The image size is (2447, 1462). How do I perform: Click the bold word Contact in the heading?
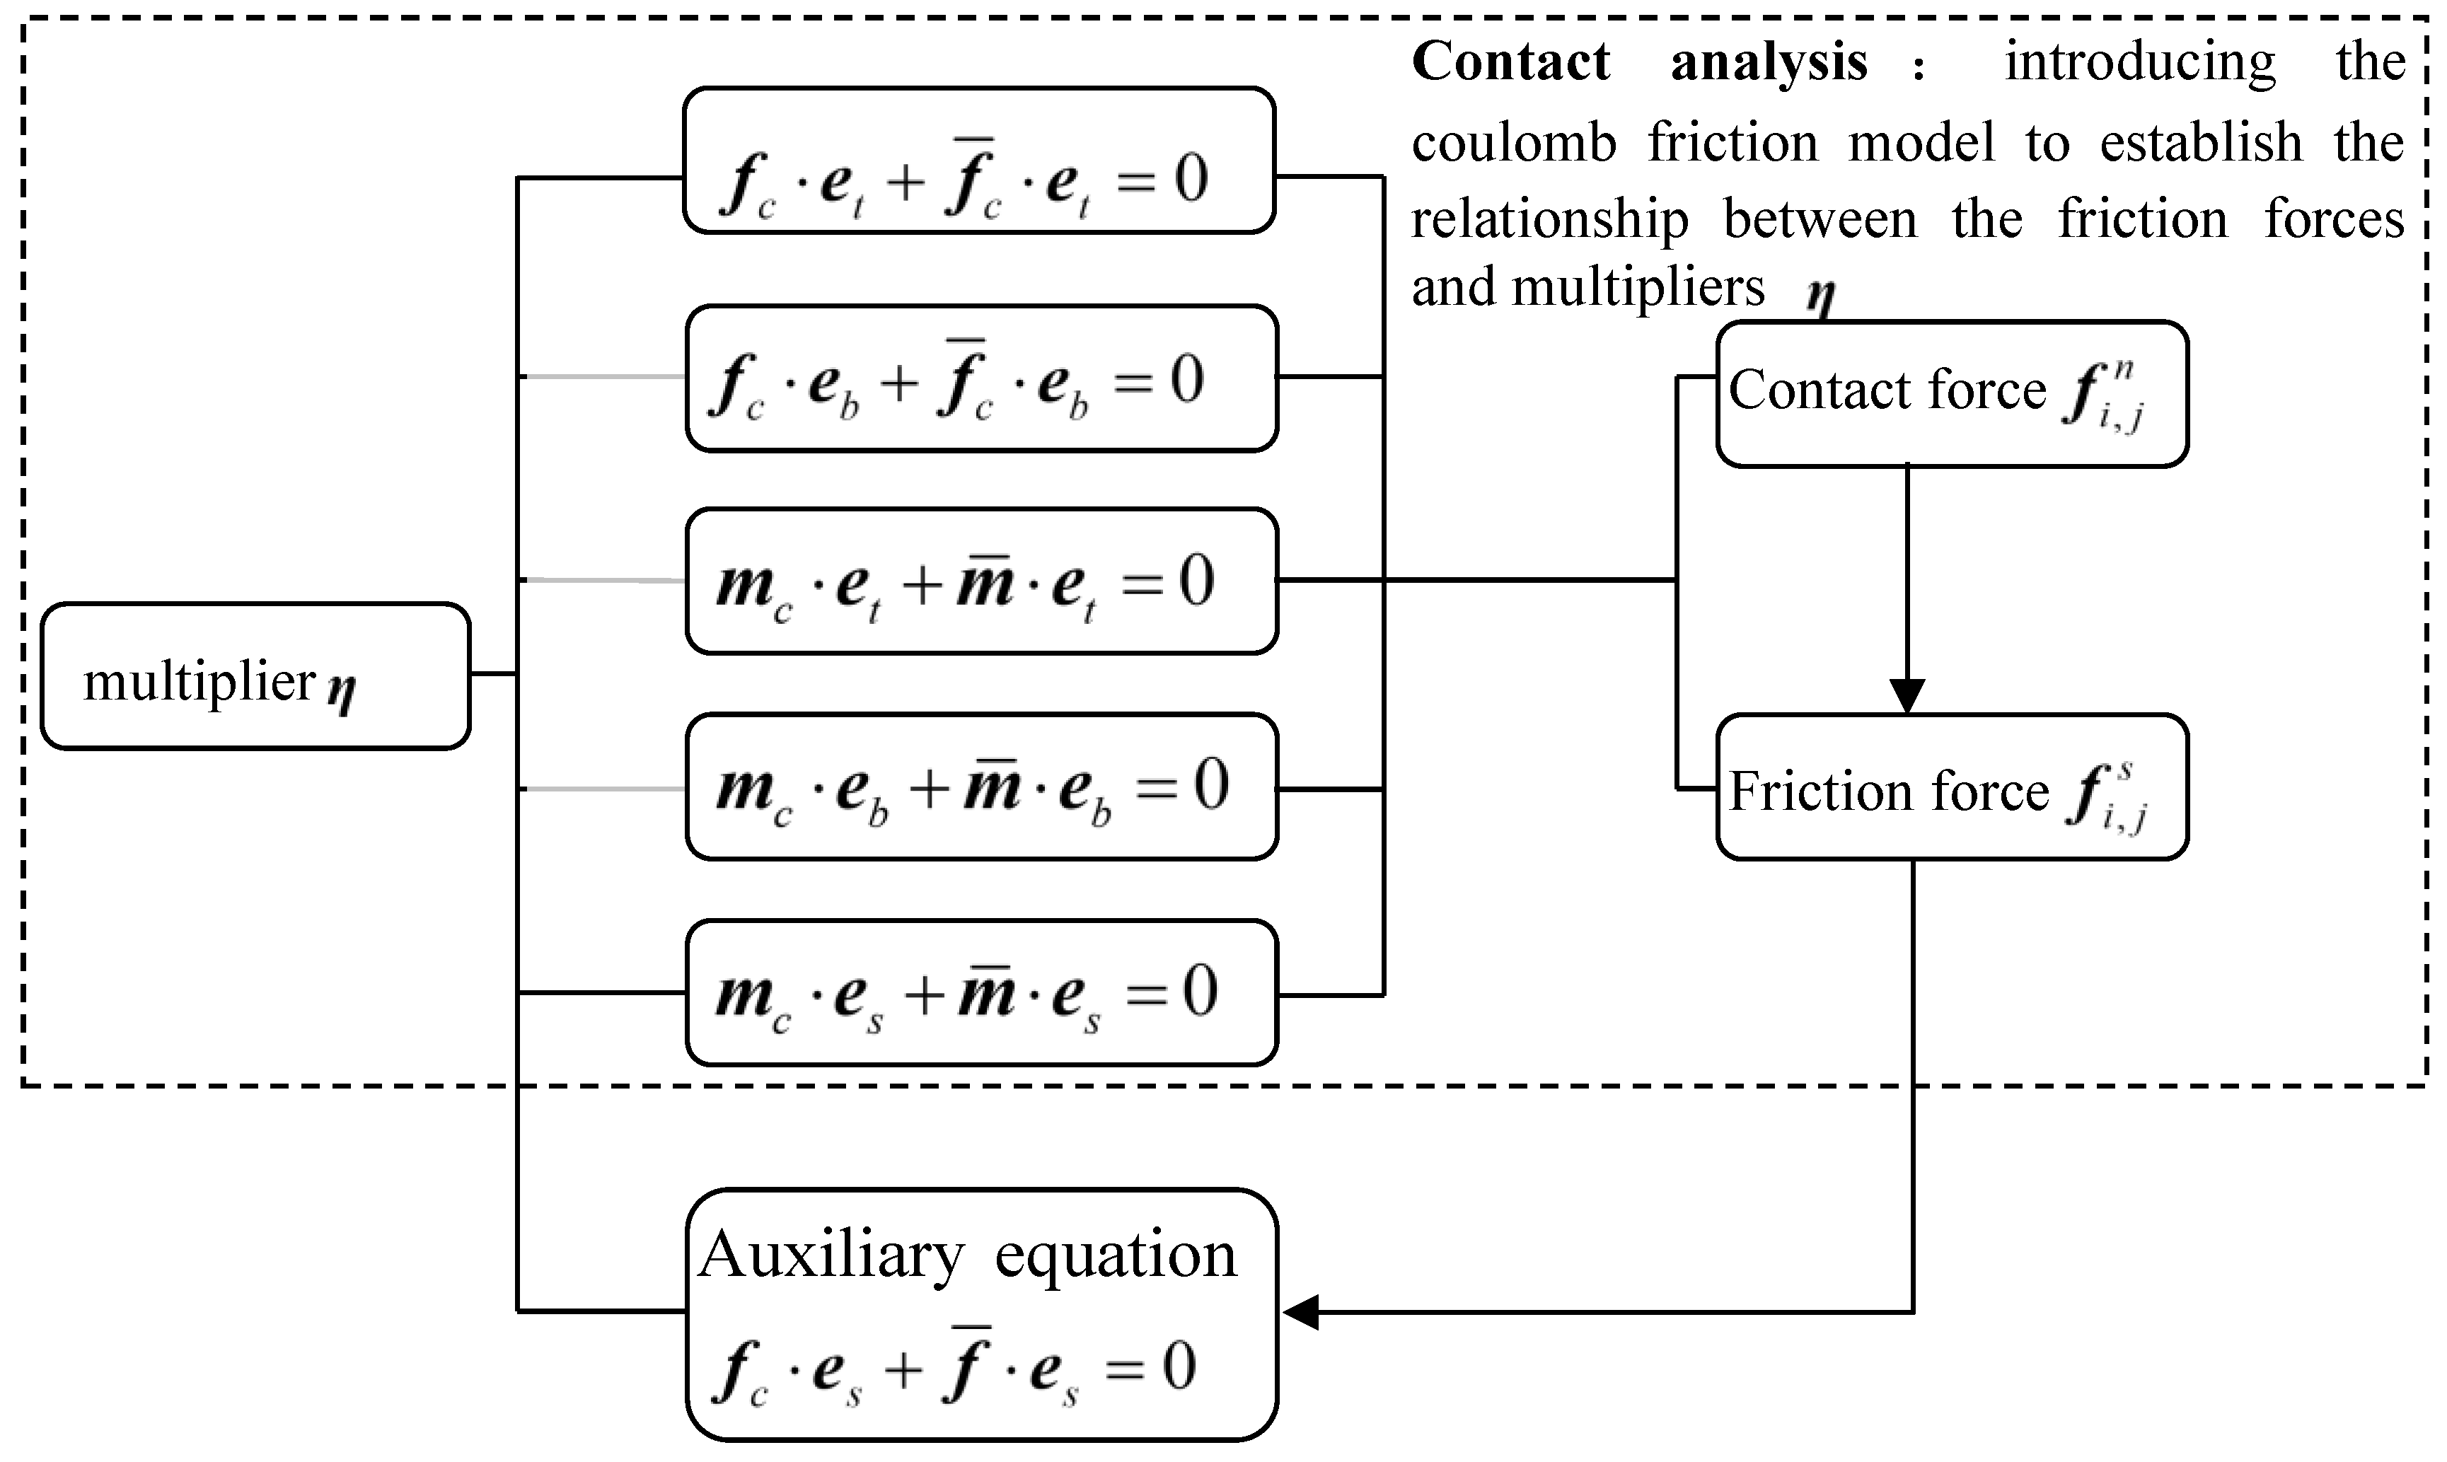(x=1510, y=62)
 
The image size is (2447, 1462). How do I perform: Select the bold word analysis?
(x=1769, y=62)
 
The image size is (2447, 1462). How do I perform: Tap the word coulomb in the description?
(x=1514, y=142)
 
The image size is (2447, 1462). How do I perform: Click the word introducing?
(x=2140, y=62)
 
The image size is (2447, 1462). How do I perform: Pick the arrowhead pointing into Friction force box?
(x=1907, y=695)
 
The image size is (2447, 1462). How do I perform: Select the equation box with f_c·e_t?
(x=979, y=161)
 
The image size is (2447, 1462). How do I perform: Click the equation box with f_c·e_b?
(x=981, y=378)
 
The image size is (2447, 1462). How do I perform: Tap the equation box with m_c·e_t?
(x=981, y=581)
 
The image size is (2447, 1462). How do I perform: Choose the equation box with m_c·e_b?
(x=981, y=787)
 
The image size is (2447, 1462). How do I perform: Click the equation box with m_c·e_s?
(x=981, y=992)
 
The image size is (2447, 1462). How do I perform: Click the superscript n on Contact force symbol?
(x=2124, y=369)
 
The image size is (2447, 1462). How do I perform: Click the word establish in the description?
(x=2201, y=142)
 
